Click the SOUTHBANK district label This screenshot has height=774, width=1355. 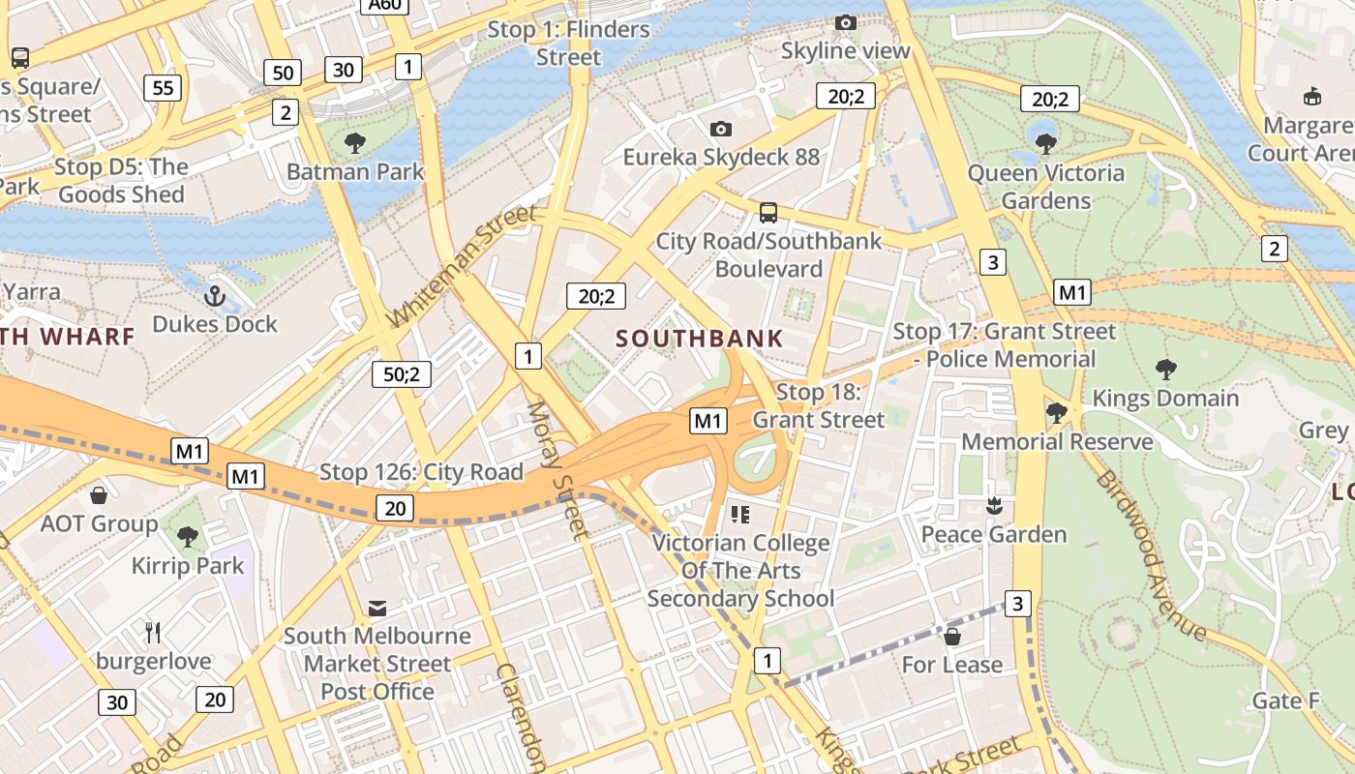click(699, 339)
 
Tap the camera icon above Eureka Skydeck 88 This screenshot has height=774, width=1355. click(720, 129)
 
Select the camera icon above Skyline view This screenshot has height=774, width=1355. click(845, 22)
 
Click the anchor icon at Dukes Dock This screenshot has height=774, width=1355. click(215, 296)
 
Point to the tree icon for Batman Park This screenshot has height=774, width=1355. click(355, 144)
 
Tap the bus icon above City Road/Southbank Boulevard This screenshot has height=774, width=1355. click(768, 212)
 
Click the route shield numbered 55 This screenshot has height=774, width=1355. click(163, 88)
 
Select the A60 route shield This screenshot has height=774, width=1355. click(384, 5)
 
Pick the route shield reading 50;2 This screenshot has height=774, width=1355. click(402, 374)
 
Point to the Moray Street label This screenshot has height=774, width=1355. click(557, 470)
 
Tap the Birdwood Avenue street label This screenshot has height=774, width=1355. click(1151, 555)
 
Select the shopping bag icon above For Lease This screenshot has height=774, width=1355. click(952, 636)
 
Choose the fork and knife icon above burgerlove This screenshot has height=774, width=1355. click(153, 633)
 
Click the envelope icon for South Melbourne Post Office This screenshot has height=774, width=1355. click(377, 609)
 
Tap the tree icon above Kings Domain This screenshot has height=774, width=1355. click(1165, 369)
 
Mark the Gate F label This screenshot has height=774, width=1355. click(1285, 700)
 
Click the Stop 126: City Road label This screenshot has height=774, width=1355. click(421, 472)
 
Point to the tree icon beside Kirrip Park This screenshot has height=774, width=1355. click(188, 537)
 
